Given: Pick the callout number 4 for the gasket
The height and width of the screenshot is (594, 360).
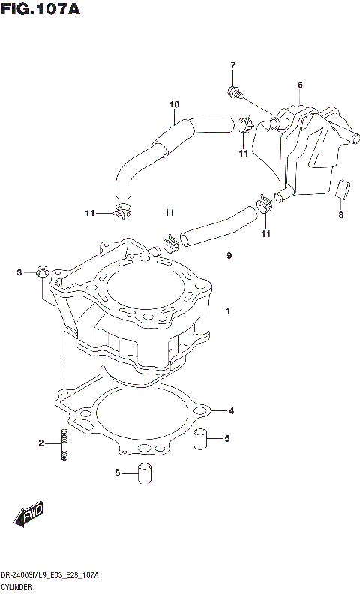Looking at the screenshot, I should click(231, 410).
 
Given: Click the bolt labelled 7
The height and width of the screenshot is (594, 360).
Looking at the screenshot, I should click(234, 93).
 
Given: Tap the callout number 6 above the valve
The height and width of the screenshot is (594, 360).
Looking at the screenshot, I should click(299, 85).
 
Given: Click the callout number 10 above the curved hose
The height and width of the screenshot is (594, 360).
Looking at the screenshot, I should click(174, 103).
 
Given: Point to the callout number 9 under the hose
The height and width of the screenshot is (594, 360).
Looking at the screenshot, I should click(229, 255).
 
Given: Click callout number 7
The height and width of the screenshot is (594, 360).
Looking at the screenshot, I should click(232, 65).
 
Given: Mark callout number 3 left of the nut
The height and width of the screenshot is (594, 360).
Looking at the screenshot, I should click(20, 271).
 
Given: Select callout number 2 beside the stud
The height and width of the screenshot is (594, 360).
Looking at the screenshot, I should click(41, 443).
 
